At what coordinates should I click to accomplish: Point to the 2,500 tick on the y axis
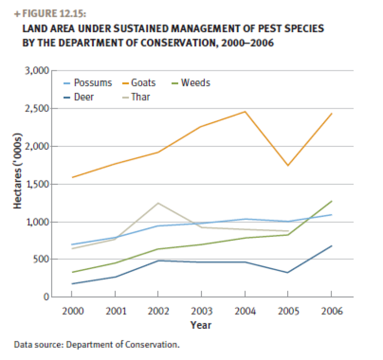click(38, 108)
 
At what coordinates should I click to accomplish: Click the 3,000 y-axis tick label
click(38, 71)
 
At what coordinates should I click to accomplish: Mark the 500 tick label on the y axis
click(42, 259)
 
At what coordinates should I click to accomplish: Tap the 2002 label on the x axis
click(158, 311)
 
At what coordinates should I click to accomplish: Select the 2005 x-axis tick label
click(288, 311)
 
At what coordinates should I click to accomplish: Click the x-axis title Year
click(200, 325)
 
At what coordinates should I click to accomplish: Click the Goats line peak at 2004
click(245, 112)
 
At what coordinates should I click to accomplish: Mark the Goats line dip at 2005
click(288, 166)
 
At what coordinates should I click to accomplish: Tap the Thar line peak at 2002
click(158, 203)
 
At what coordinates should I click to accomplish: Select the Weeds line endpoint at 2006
click(331, 201)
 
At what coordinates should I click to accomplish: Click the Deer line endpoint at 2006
click(331, 245)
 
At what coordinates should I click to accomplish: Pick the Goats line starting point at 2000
click(72, 177)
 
